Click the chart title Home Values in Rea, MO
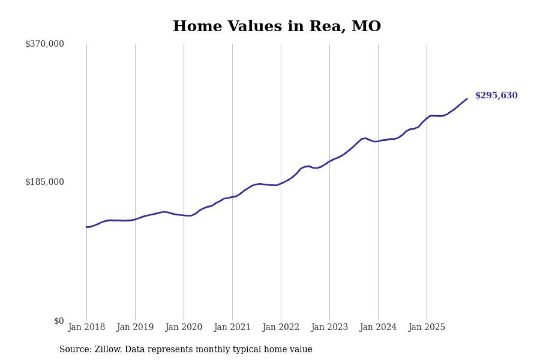coord(277,26)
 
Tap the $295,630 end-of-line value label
coord(496,96)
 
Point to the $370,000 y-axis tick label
coord(45,44)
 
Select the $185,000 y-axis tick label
coord(45,182)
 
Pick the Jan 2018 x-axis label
coord(86,328)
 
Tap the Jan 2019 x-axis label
coord(135,328)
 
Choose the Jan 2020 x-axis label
coord(184,328)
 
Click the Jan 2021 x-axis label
coord(232,328)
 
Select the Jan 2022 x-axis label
coord(281,328)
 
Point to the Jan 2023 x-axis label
coord(329,328)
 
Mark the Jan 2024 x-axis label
coord(378,328)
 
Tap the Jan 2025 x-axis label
coord(427,328)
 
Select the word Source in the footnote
coord(72,349)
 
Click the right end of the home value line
coord(467,99)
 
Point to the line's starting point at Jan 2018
coord(87,227)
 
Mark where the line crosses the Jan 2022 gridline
coord(281,184)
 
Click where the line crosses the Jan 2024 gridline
coord(378,141)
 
